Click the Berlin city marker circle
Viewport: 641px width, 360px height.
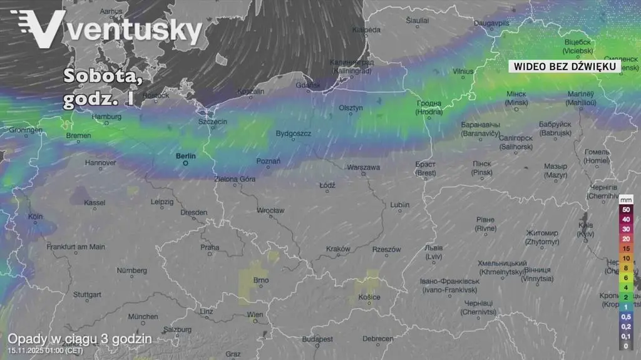[185, 163]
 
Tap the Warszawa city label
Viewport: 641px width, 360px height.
[363, 168]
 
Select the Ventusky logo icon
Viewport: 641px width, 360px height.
[39, 29]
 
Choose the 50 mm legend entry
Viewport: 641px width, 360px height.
[625, 209]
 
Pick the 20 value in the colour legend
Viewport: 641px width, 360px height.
[625, 239]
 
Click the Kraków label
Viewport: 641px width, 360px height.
[338, 249]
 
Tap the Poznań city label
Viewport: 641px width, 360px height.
[269, 162]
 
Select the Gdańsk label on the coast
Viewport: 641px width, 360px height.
[309, 85]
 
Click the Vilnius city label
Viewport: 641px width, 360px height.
[463, 71]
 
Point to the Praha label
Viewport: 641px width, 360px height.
[210, 247]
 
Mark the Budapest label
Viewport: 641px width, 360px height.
[317, 339]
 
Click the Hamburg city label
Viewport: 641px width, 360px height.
[106, 116]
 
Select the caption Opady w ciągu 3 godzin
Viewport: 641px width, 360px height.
[79, 339]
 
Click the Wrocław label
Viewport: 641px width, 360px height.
[270, 211]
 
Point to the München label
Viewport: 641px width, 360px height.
[143, 317]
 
